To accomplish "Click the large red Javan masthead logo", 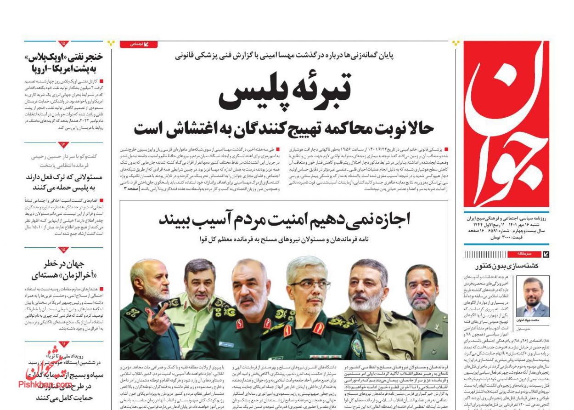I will tap(506, 124).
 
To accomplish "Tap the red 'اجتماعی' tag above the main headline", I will tap(138, 44).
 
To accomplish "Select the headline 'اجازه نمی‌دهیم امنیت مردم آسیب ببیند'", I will tap(284, 219).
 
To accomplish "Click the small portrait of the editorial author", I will tap(533, 296).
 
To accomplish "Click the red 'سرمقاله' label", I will tap(524, 254).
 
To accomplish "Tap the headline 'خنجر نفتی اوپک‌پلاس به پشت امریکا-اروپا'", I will tap(65, 63).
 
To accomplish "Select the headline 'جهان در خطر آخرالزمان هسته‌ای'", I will tap(64, 269).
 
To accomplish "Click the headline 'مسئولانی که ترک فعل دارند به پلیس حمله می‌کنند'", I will tap(64, 182).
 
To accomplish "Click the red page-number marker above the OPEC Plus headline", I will tap(63, 44).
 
